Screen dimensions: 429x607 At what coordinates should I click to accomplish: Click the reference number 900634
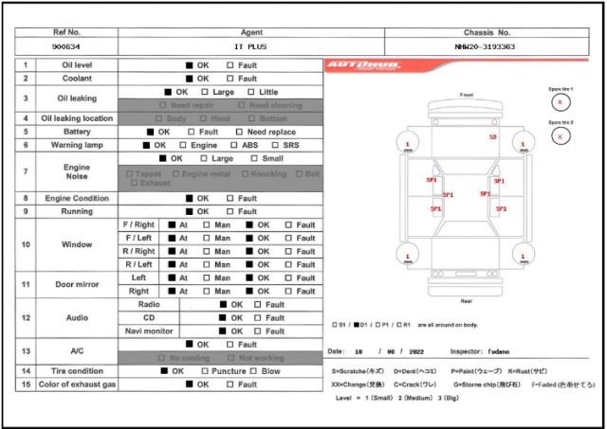coord(65,45)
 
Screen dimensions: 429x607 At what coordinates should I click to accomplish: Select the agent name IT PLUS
coord(251,45)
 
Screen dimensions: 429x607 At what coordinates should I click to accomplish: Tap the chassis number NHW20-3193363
coord(485,45)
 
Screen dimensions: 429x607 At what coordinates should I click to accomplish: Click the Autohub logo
coord(363,66)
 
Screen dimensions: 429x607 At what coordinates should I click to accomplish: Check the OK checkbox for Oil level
coord(190,65)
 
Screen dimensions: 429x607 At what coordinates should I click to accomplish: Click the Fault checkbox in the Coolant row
coord(230,79)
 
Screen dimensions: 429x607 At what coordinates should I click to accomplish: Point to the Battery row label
coord(76,132)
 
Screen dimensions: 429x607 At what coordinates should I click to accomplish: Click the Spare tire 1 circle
coord(561,101)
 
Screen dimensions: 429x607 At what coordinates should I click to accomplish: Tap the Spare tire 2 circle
coord(561,134)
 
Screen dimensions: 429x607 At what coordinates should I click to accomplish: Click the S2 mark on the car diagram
coord(492,137)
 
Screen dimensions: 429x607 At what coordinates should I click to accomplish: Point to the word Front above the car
coord(466,95)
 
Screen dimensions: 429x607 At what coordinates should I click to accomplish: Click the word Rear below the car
coord(466,301)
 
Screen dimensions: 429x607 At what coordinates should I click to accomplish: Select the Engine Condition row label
coord(76,198)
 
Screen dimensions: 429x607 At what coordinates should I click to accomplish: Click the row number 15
coord(26,384)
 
